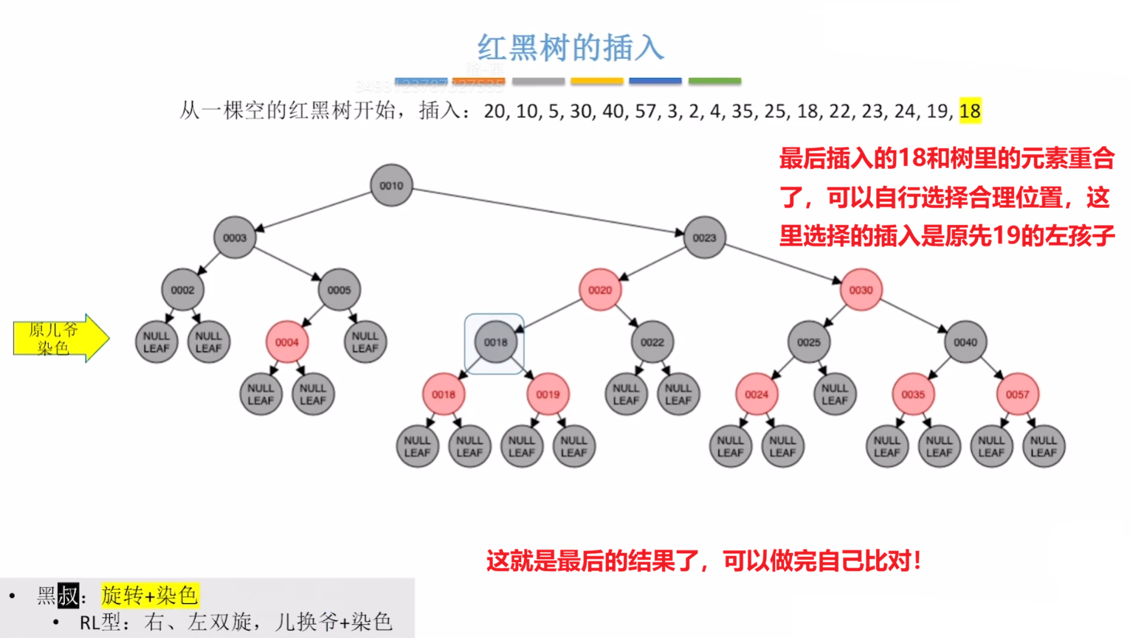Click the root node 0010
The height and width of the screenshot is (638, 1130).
coord(391,185)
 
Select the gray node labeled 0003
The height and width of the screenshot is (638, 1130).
coord(235,237)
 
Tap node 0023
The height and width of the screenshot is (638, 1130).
coord(704,237)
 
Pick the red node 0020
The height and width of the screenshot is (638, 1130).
coord(600,290)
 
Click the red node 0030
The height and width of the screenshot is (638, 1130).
coord(861,290)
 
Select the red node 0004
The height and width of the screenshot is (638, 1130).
coord(287,342)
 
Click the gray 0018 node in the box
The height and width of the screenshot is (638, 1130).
coord(495,342)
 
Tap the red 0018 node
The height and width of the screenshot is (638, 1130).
coord(443,395)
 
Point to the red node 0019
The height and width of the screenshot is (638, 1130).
coord(548,395)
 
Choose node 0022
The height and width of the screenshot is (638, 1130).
coord(652,342)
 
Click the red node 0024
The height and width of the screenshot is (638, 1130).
coord(757,395)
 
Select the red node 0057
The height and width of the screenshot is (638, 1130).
coord(1017,395)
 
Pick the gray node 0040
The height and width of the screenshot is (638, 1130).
coord(965,342)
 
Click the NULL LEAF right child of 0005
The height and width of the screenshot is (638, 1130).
coord(365,342)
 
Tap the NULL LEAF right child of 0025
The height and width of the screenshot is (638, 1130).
coord(835,395)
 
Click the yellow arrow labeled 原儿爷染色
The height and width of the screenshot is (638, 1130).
coord(59,339)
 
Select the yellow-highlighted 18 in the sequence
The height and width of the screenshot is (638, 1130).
coord(970,111)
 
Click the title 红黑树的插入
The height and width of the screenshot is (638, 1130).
coord(570,48)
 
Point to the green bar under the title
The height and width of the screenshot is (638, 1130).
coord(714,80)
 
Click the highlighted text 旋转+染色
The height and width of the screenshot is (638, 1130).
coord(150,595)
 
